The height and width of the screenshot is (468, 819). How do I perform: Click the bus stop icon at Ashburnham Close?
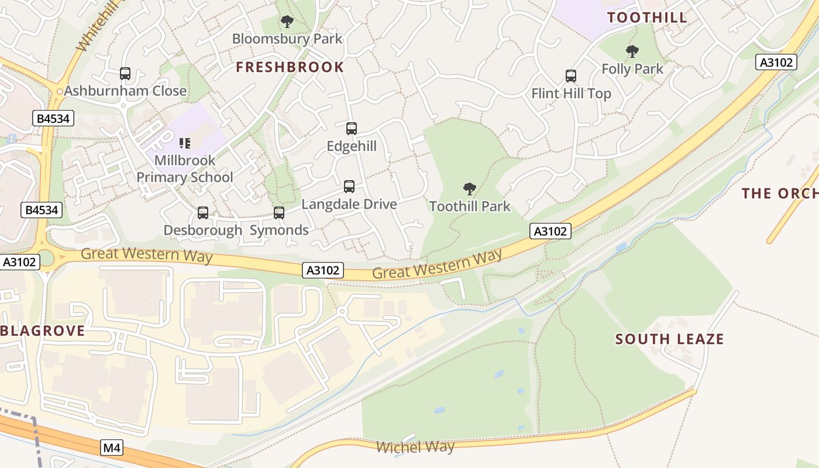pyautogui.click(x=125, y=74)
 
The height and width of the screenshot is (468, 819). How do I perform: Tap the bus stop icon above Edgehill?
pyautogui.click(x=351, y=129)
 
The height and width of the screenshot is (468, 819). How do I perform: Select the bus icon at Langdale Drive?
pyautogui.click(x=349, y=187)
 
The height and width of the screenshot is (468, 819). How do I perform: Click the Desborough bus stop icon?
pyautogui.click(x=202, y=213)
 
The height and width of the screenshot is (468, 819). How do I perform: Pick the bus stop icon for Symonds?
pyautogui.click(x=279, y=213)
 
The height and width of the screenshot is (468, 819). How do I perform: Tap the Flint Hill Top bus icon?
pyautogui.click(x=571, y=76)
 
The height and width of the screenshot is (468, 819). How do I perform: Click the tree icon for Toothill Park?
pyautogui.click(x=469, y=188)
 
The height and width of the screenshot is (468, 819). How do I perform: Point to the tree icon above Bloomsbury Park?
pyautogui.click(x=287, y=22)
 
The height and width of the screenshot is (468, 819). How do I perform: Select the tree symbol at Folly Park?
pyautogui.click(x=632, y=51)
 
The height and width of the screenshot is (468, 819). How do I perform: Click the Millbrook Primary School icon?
pyautogui.click(x=185, y=143)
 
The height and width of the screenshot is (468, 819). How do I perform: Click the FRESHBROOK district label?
pyautogui.click(x=290, y=67)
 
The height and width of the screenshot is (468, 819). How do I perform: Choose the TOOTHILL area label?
pyautogui.click(x=647, y=18)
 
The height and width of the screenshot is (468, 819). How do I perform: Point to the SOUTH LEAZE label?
pyautogui.click(x=669, y=339)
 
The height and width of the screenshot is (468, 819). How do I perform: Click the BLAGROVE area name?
pyautogui.click(x=43, y=331)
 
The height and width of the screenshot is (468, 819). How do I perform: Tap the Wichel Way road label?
pyautogui.click(x=415, y=448)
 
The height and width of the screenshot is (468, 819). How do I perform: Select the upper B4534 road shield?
pyautogui.click(x=53, y=119)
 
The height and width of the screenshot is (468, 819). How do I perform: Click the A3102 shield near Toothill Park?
pyautogui.click(x=550, y=231)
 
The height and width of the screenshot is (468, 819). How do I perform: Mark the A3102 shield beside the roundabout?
pyautogui.click(x=20, y=261)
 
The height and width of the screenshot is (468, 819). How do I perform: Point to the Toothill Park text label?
pyautogui.click(x=470, y=207)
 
